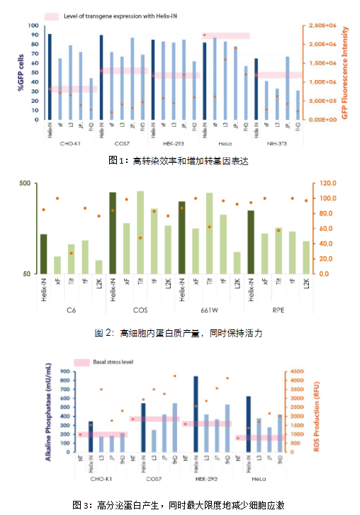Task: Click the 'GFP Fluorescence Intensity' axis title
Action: (345, 72)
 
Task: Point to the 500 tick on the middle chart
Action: (25, 183)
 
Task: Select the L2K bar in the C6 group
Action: (99, 266)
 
